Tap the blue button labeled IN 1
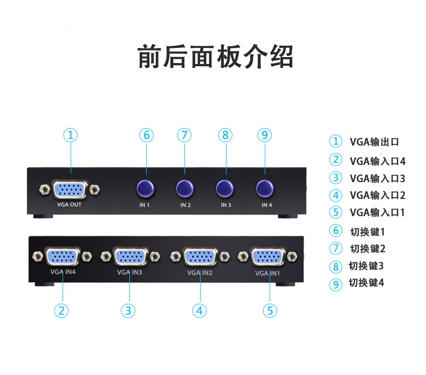[145, 189]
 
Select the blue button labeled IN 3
[225, 189]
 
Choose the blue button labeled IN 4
[265, 189]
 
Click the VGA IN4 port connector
[63, 256]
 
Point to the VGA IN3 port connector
[130, 256]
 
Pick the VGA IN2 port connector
[200, 256]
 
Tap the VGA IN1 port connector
[268, 256]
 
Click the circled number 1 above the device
[71, 135]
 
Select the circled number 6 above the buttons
[146, 135]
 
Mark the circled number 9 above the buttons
[264, 135]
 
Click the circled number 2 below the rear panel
[62, 310]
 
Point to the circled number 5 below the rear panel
[270, 310]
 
